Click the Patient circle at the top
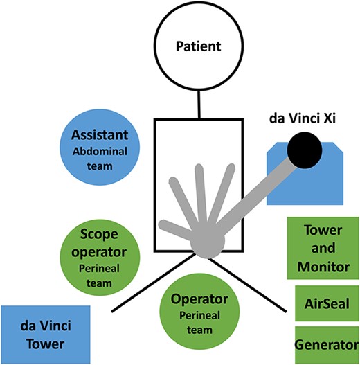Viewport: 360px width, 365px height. coord(199,47)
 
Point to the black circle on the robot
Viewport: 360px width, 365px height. coord(305,150)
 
